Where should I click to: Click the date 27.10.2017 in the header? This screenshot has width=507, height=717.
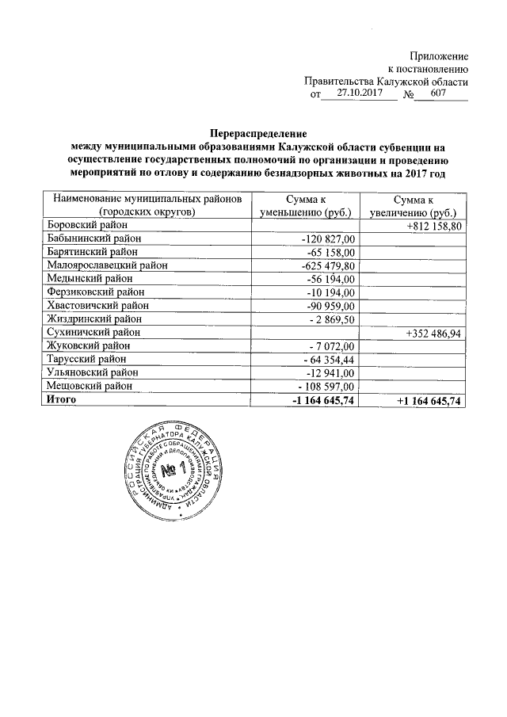[354, 94]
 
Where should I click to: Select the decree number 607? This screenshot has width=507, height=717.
[439, 94]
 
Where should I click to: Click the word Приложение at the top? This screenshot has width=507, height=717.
[438, 56]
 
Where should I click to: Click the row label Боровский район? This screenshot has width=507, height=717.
[82, 225]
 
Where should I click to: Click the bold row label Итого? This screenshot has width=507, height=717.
[61, 401]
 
